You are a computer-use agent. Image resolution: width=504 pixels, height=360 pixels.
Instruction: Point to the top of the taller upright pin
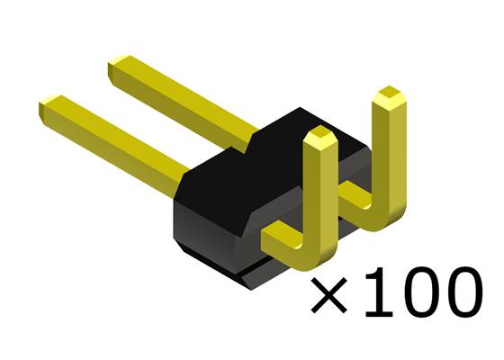click(x=388, y=95)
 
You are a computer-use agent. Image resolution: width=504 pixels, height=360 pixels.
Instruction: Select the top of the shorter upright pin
click(x=319, y=138)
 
